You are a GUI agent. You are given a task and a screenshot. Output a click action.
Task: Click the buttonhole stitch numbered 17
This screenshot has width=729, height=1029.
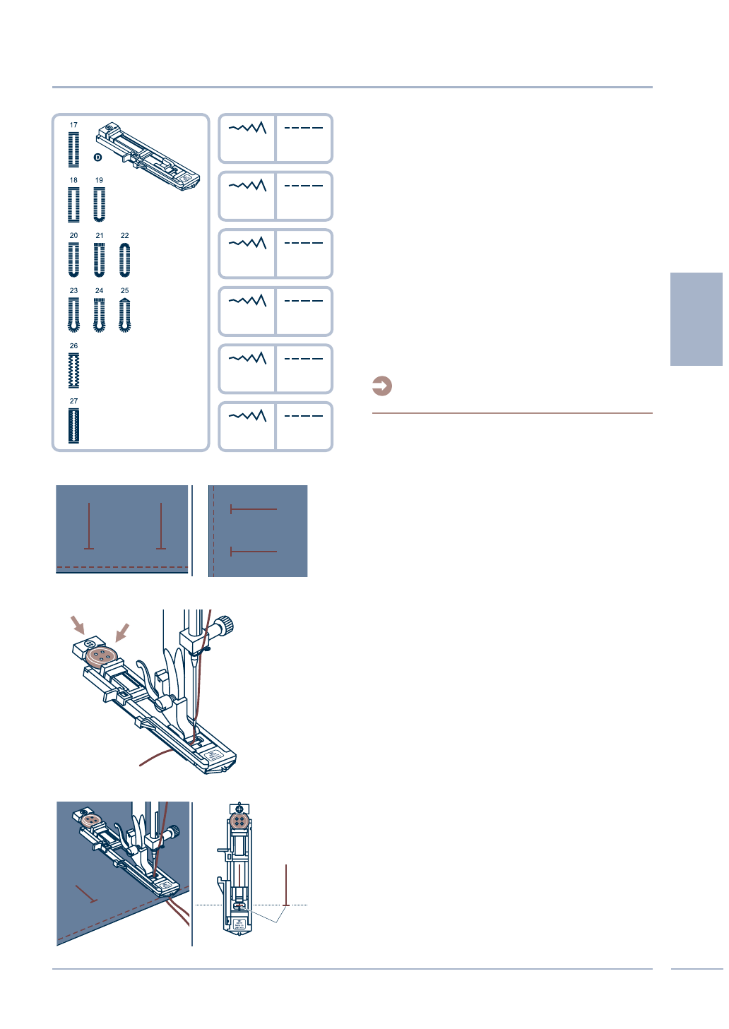(x=73, y=149)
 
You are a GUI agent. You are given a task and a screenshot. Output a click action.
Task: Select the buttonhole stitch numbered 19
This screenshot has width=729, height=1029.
(x=99, y=205)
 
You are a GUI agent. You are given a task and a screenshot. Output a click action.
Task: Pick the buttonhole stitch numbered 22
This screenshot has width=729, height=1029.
(x=125, y=259)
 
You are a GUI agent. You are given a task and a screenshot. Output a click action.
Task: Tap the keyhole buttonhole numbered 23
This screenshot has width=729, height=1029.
(x=73, y=314)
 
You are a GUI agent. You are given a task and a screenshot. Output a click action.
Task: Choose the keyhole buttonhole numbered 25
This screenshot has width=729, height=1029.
(x=125, y=314)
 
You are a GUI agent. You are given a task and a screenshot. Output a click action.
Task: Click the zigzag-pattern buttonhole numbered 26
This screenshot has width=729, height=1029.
(x=73, y=370)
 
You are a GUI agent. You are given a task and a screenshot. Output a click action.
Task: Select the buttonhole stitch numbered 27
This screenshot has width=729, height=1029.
(x=73, y=426)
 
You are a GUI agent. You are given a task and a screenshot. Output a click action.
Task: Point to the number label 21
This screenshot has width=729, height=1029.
(x=99, y=236)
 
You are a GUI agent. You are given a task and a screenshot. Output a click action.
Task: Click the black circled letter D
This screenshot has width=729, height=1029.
(x=98, y=157)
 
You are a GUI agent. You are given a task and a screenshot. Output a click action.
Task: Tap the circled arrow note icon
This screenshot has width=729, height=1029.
(x=382, y=386)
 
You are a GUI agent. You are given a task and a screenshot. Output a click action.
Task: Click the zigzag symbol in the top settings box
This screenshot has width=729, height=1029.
(x=247, y=128)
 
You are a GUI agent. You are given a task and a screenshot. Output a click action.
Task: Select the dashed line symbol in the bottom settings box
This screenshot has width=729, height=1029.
(x=304, y=416)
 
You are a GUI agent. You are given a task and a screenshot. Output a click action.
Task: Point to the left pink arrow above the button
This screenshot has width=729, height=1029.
(x=78, y=624)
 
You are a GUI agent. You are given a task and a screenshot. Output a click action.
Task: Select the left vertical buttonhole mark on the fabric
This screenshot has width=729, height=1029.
(x=89, y=526)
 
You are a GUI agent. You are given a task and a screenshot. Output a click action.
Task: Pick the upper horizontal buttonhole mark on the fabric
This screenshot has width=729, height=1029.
(x=254, y=509)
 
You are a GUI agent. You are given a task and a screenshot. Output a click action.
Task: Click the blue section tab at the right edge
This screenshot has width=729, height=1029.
(x=696, y=319)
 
